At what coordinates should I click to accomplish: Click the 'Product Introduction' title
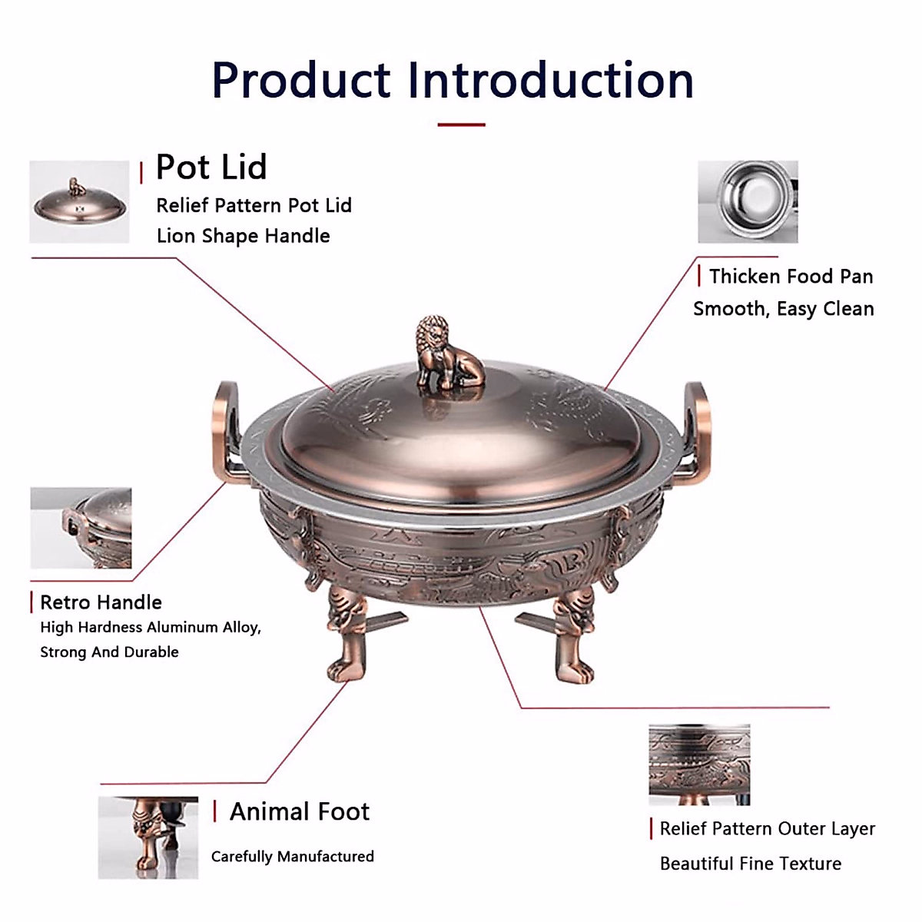click(x=453, y=80)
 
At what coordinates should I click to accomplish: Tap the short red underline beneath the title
click(x=461, y=124)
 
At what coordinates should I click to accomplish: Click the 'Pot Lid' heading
click(x=211, y=167)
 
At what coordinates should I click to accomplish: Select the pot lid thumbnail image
click(x=79, y=202)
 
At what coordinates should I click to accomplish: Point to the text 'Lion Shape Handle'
click(x=243, y=236)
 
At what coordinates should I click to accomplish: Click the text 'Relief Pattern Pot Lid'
click(x=254, y=206)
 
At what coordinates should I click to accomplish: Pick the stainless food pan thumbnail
click(x=748, y=201)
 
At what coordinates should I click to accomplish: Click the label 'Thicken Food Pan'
click(x=791, y=277)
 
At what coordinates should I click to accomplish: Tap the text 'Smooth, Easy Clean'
click(x=783, y=309)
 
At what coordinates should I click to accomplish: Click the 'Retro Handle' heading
click(x=101, y=602)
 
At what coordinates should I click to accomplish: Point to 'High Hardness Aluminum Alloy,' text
click(x=151, y=628)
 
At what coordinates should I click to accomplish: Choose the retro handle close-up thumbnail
click(x=81, y=528)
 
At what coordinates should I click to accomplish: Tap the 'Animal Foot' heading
click(x=300, y=811)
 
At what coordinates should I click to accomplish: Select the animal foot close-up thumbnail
click(x=148, y=837)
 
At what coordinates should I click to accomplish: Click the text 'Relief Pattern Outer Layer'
click(x=767, y=829)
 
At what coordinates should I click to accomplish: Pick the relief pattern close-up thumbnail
click(x=699, y=764)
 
